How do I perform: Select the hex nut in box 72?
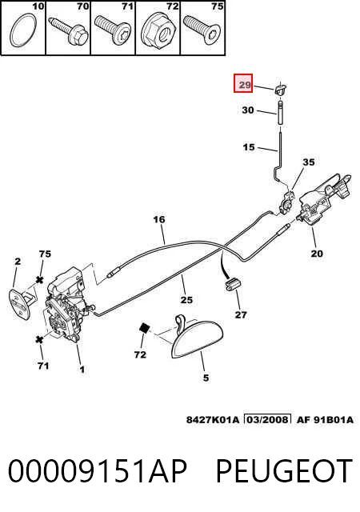tap(157, 30)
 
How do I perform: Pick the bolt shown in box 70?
tap(68, 31)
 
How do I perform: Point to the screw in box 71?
tap(113, 30)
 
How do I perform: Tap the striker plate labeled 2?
tap(21, 303)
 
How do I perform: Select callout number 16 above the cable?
tap(159, 219)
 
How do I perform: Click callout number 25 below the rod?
tap(186, 299)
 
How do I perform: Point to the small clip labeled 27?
tap(233, 283)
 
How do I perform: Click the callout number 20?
tap(317, 254)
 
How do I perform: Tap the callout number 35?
tap(308, 162)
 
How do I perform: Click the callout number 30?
tap(248, 110)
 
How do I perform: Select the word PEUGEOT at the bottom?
tap(284, 470)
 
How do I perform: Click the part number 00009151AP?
tap(98, 470)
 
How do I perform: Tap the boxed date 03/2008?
tap(267, 419)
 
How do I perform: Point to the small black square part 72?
tap(144, 328)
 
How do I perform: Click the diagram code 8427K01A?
tap(213, 419)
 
